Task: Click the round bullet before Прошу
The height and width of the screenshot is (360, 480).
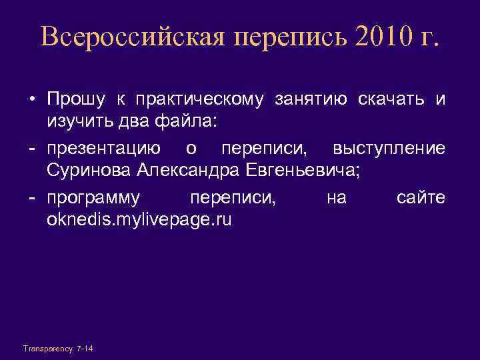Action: (31, 101)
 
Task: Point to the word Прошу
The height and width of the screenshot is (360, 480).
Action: (71, 100)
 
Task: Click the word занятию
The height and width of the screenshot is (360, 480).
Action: (310, 100)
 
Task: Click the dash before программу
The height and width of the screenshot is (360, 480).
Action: (31, 198)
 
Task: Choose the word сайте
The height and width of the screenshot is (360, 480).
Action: (421, 198)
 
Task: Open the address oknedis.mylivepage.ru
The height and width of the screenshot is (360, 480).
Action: (139, 219)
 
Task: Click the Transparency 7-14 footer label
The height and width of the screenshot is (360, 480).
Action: (58, 348)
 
